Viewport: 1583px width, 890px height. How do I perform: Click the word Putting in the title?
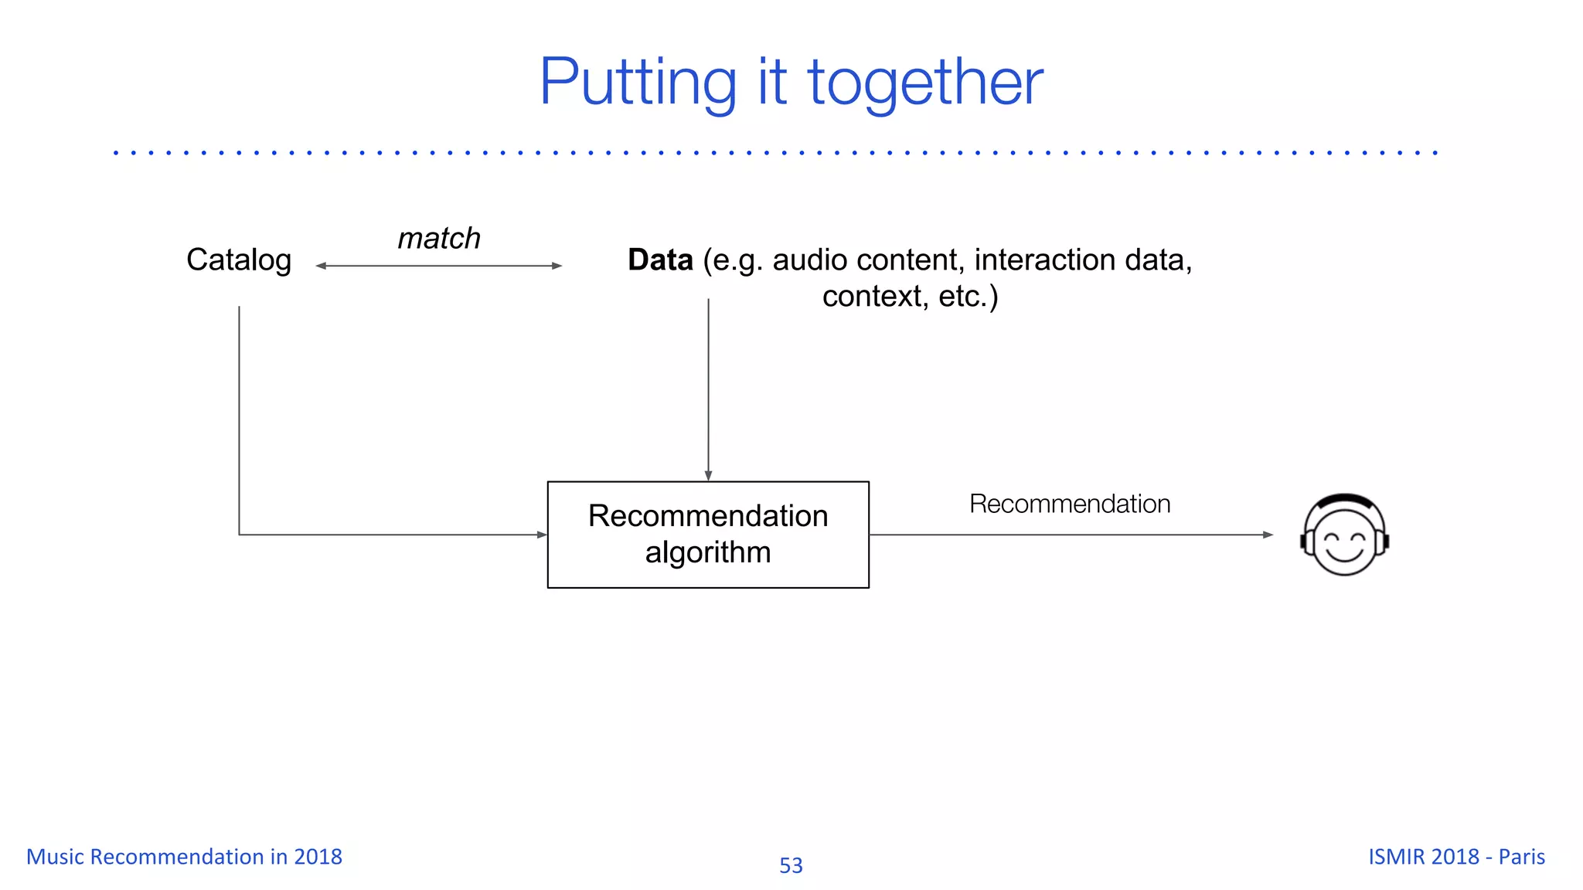point(638,83)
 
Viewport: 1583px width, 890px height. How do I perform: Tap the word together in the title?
point(925,83)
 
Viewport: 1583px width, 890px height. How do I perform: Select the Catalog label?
point(239,260)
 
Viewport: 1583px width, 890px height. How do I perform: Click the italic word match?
point(439,238)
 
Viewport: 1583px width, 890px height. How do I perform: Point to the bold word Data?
point(660,260)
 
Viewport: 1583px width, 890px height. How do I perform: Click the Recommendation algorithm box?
point(708,535)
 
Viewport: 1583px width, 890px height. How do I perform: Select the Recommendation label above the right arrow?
point(1070,504)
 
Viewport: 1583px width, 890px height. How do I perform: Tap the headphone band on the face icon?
point(1344,499)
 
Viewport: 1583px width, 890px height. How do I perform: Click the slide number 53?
point(791,865)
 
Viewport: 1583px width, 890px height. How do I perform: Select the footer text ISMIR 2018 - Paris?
point(1456,857)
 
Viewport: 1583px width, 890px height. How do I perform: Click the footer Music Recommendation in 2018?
point(184,857)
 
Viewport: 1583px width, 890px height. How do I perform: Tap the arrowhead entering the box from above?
point(708,476)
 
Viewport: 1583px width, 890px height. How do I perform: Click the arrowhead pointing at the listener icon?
point(1268,535)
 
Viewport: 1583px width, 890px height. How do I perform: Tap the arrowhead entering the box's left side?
point(542,535)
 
